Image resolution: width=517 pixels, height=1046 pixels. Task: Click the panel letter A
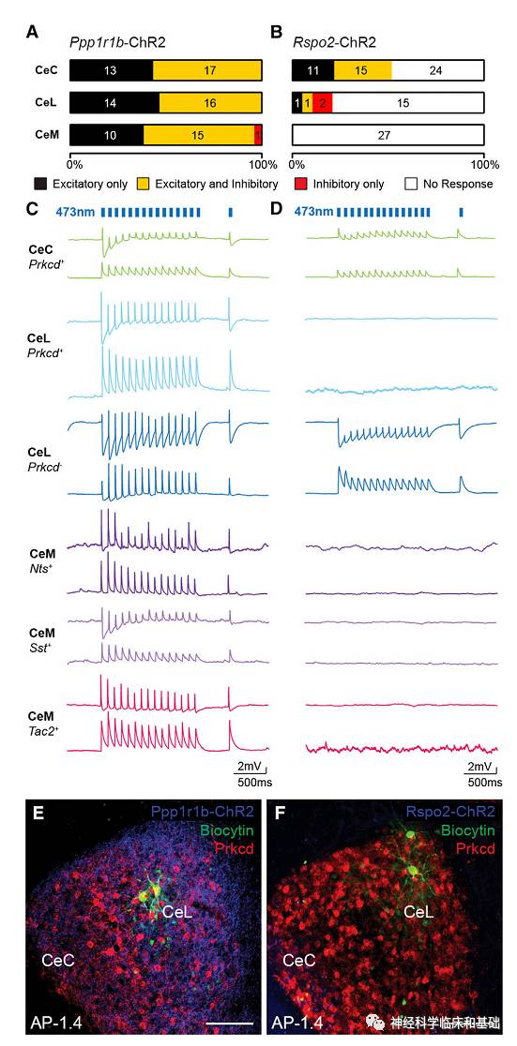pyautogui.click(x=33, y=34)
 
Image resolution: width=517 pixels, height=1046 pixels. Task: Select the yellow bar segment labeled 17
pyautogui.click(x=208, y=71)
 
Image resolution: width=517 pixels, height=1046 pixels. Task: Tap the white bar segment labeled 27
pyautogui.click(x=388, y=135)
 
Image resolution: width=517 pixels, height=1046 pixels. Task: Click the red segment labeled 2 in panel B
pyautogui.click(x=322, y=103)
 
